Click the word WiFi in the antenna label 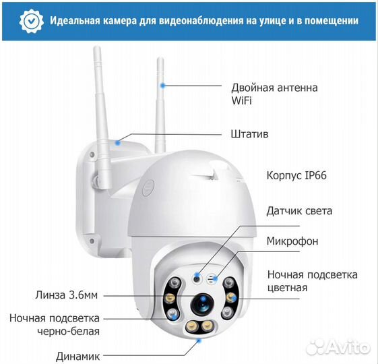click(x=242, y=101)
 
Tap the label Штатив click(x=249, y=134)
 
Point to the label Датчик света click(x=299, y=211)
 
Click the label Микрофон click(x=292, y=241)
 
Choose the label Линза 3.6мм click(x=66, y=295)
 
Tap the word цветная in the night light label click(x=287, y=288)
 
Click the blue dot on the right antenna click(x=162, y=86)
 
